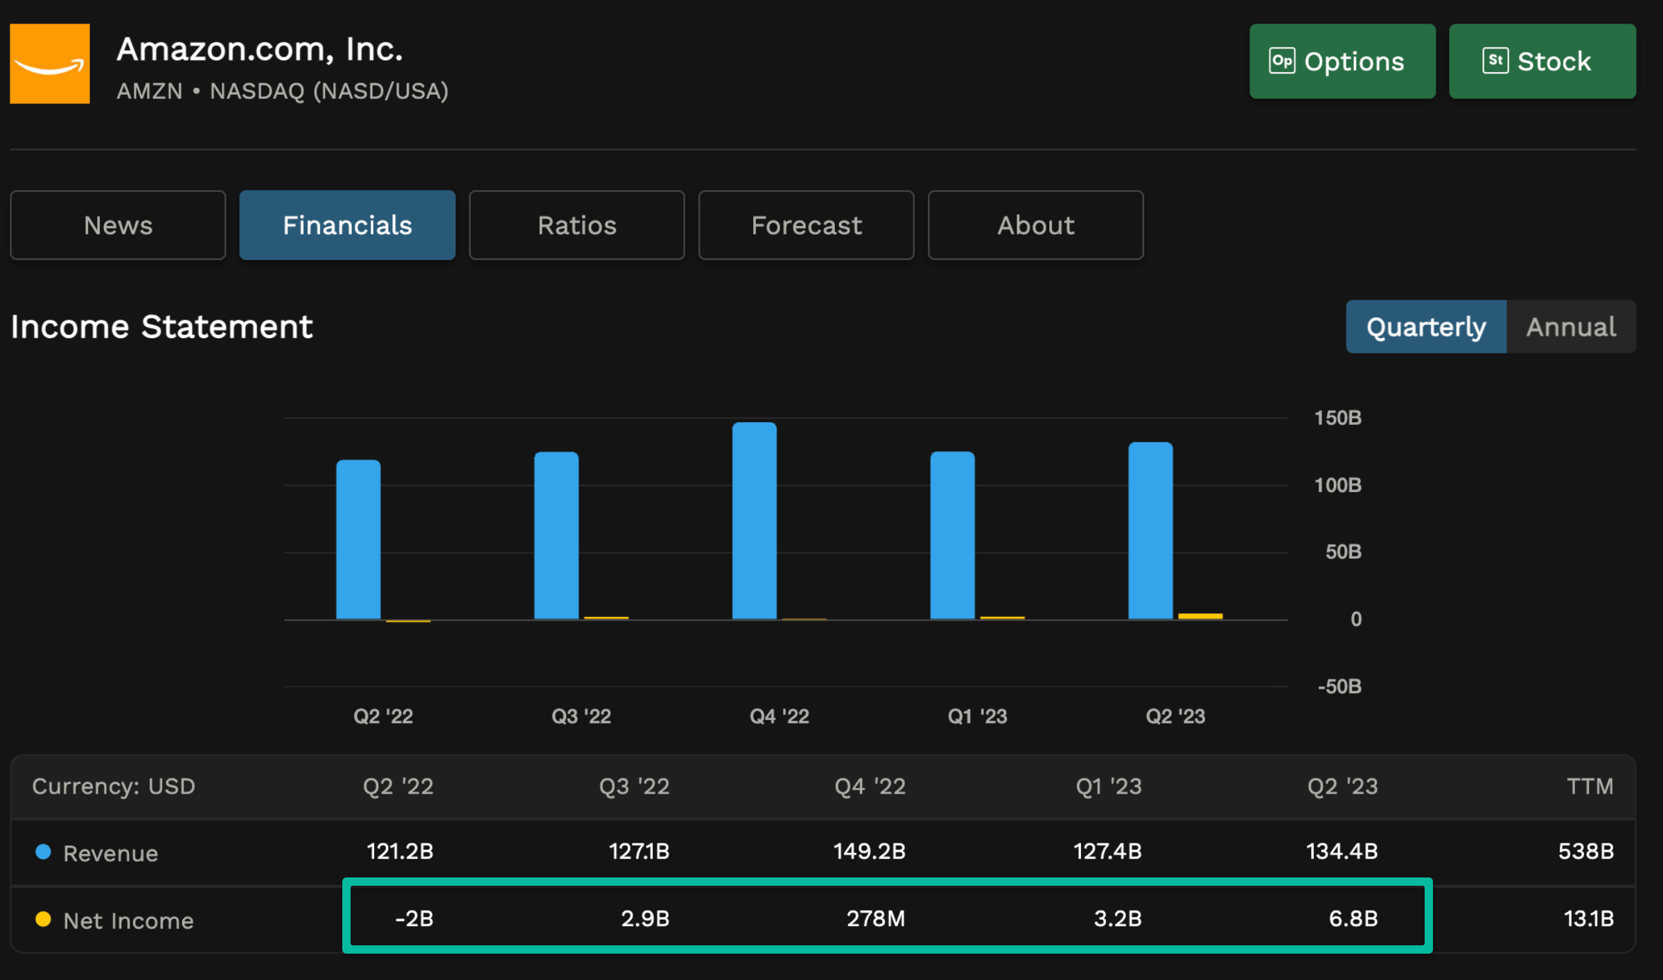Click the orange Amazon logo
50,64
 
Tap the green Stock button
1542,62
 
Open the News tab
118,225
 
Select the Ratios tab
577,225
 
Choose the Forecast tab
806,225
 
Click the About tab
1035,225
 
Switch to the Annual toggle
1570,326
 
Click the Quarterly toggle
1425,326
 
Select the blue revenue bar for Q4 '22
754,520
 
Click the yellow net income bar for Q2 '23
1200,615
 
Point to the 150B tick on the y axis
1337,418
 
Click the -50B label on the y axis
1339,686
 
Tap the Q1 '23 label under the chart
977,716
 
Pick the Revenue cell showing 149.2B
869,851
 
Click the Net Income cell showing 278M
875,918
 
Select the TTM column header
1590,786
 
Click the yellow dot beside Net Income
43,919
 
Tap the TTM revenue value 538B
1585,851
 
